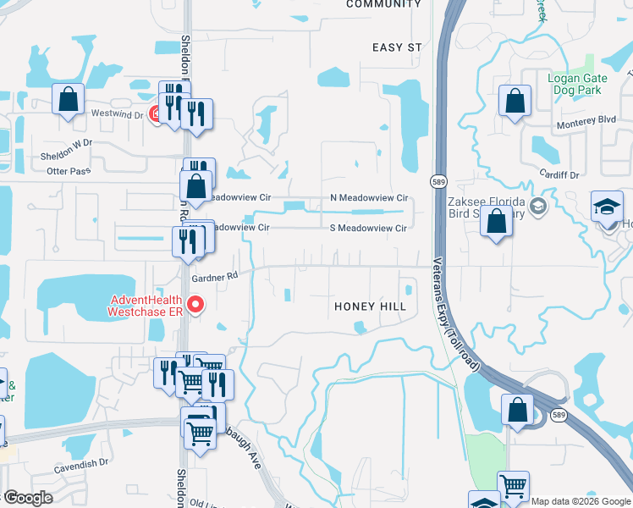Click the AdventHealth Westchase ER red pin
(195, 303)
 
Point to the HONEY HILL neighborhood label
(371, 306)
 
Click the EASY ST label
(396, 47)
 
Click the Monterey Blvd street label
(586, 121)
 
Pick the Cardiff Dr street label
(560, 174)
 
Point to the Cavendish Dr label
(81, 463)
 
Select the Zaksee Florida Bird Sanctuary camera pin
(538, 206)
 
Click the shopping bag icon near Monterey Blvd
(515, 102)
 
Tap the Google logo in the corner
(28, 498)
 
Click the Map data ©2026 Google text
(581, 501)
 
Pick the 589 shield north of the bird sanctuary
(438, 181)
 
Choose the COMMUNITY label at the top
(383, 4)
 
